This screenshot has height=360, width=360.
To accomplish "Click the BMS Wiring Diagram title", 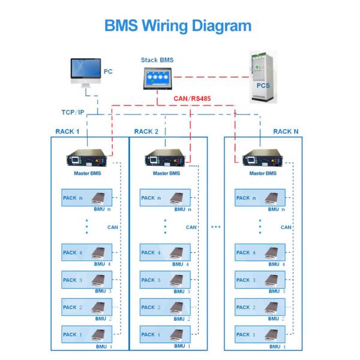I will (x=179, y=26).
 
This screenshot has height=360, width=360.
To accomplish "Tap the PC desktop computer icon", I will (x=86, y=73).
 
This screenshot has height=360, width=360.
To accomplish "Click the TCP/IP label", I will (x=74, y=112).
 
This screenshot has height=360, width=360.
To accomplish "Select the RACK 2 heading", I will (x=146, y=131).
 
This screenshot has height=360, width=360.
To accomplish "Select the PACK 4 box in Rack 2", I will (x=166, y=253).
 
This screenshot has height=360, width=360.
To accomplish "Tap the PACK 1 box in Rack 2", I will (x=166, y=334).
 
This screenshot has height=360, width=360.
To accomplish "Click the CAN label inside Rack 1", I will (x=112, y=227).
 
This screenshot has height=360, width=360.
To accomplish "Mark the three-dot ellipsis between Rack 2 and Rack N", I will (x=216, y=227).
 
